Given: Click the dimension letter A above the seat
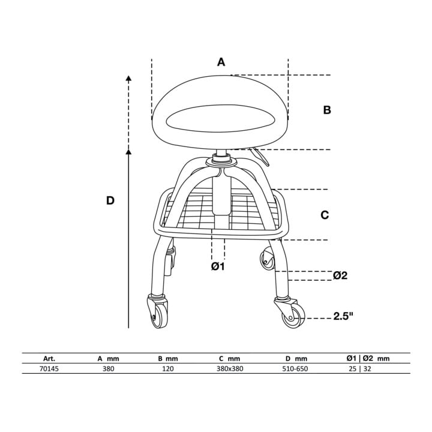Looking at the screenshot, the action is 221,62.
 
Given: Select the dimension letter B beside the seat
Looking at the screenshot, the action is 327,110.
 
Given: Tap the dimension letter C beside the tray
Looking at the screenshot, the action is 325,215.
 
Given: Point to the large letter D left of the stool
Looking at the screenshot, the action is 110,200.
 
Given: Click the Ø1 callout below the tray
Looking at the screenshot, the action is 218,266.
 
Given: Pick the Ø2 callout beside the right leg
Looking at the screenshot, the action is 340,275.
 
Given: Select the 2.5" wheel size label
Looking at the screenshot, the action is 343,316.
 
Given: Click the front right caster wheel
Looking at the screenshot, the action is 293,317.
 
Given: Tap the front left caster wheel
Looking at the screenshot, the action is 159,316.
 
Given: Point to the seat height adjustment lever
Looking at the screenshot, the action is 260,156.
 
